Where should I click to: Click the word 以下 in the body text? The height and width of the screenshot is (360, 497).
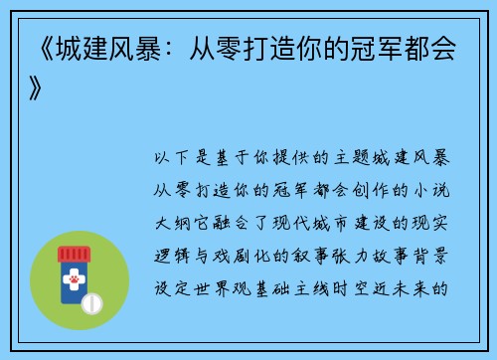pos(170,158)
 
